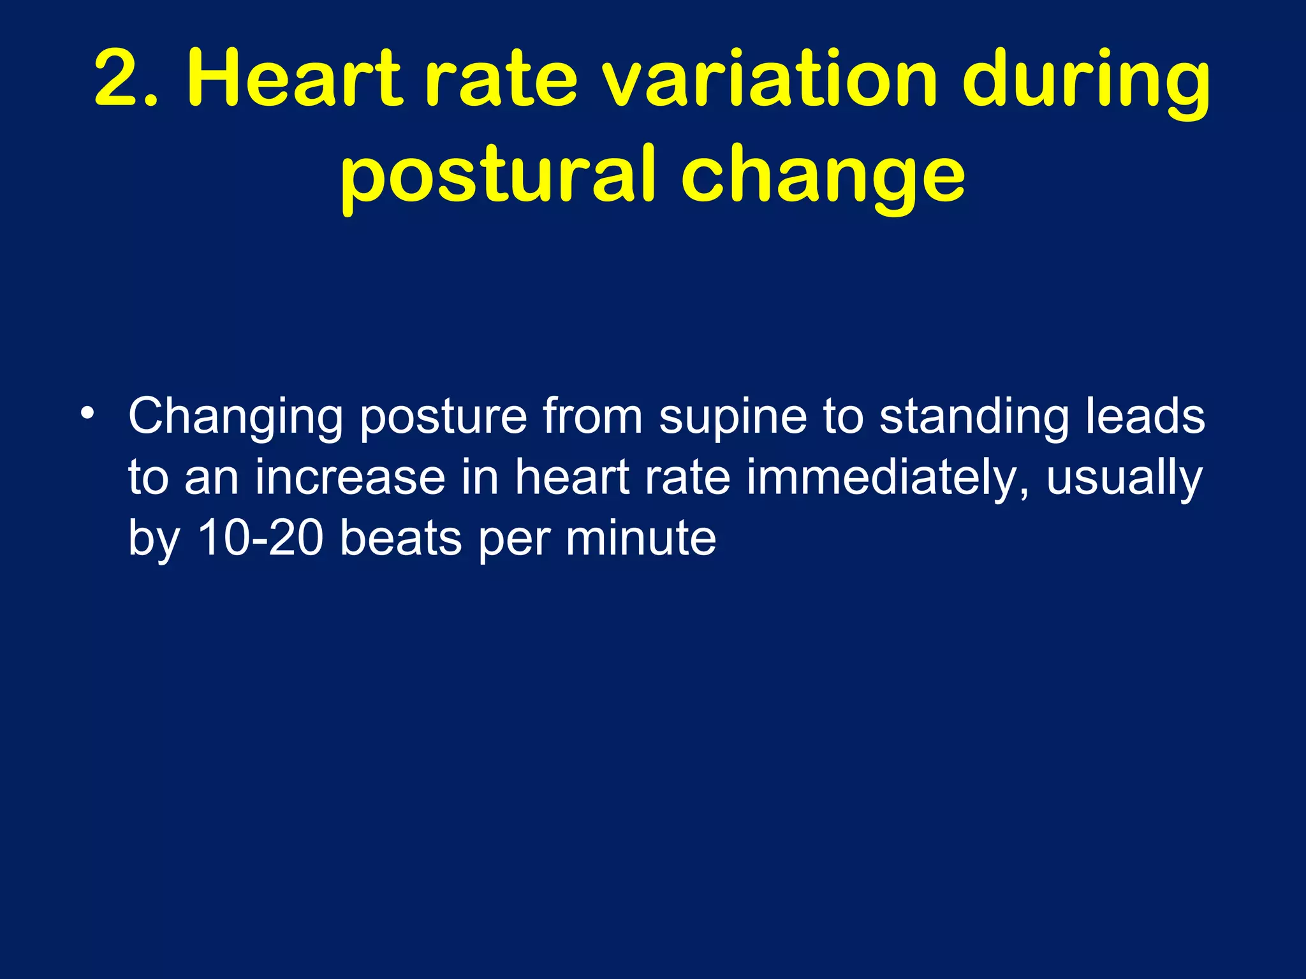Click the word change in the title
coord(823,175)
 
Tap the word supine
coord(733,417)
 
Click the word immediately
coord(887,478)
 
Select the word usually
coord(1124,478)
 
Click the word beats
coord(400,538)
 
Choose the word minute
coord(640,538)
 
